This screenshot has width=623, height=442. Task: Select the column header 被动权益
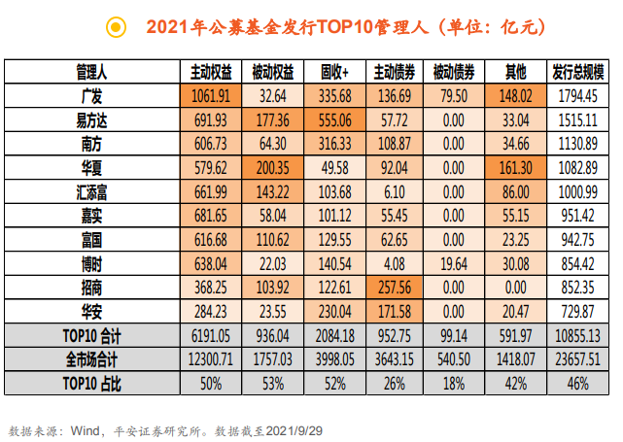point(273,73)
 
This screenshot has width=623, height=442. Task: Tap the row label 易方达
point(92,119)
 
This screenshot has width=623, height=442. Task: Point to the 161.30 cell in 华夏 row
point(515,165)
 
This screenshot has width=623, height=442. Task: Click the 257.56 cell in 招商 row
point(395,289)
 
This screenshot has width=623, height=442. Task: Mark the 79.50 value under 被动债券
point(454,96)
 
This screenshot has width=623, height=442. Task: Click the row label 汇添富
point(92,190)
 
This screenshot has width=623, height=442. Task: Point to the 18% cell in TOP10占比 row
point(454,382)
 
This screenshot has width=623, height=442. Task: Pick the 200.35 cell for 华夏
point(273,165)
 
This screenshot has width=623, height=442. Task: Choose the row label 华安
point(92,312)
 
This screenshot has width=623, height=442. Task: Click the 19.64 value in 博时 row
point(454,264)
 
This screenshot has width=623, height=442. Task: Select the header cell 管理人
point(92,73)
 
